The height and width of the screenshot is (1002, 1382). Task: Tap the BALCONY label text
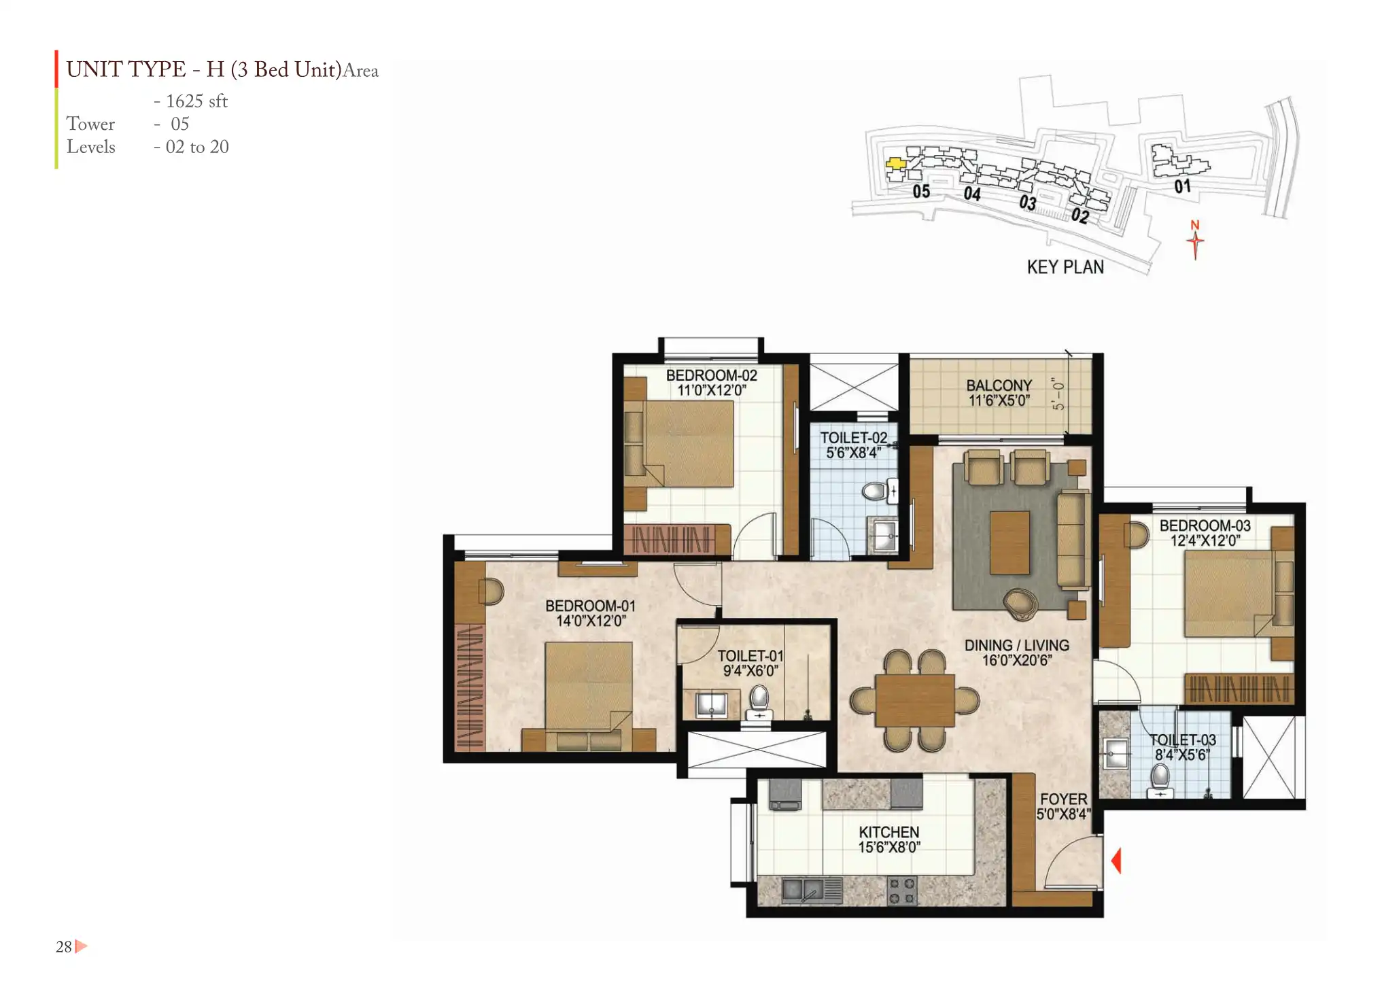(999, 385)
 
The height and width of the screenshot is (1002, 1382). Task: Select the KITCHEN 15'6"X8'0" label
(888, 840)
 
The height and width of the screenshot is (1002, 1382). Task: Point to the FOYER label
(1063, 799)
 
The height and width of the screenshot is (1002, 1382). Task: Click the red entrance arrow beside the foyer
(1116, 861)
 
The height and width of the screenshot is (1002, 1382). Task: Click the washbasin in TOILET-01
(711, 704)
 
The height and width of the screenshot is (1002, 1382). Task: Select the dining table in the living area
(915, 701)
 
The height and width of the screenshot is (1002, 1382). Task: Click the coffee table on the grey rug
(1009, 543)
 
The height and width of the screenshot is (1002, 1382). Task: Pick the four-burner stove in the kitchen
(901, 891)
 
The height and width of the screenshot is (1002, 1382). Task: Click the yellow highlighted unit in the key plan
(895, 163)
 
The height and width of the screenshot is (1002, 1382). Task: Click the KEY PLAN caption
(1065, 267)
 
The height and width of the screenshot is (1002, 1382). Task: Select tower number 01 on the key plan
(1182, 186)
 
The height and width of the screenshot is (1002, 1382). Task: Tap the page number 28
(63, 946)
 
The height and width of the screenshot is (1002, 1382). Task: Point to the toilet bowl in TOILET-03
(1160, 780)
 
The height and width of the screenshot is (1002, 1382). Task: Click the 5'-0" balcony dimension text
(1058, 394)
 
